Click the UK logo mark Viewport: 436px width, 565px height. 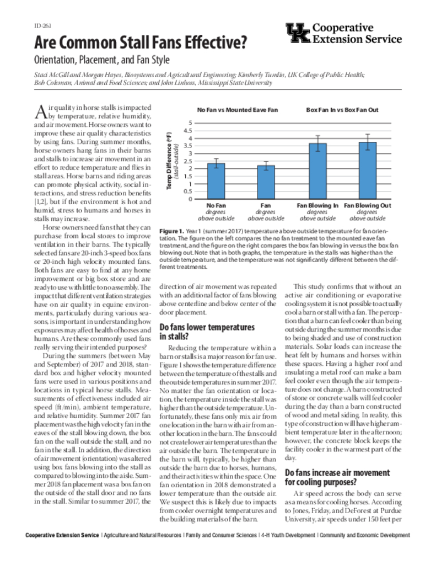(x=297, y=34)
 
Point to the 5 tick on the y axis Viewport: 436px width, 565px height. (x=190, y=123)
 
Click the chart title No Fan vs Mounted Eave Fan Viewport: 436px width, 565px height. (x=238, y=110)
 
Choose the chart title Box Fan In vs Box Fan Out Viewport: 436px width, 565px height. (x=342, y=110)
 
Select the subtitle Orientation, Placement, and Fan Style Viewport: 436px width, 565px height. (x=102, y=60)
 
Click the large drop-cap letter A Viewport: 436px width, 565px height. (x=41, y=112)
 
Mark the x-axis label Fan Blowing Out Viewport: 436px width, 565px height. (x=367, y=205)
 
